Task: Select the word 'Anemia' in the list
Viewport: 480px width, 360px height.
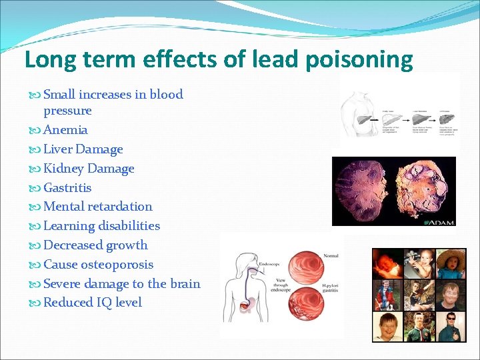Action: [65, 130]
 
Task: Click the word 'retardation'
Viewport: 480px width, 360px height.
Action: [120, 207]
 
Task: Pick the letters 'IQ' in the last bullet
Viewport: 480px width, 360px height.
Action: [104, 303]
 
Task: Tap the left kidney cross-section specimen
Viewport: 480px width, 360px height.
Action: [363, 190]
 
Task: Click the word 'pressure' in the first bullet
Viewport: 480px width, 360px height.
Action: [67, 111]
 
